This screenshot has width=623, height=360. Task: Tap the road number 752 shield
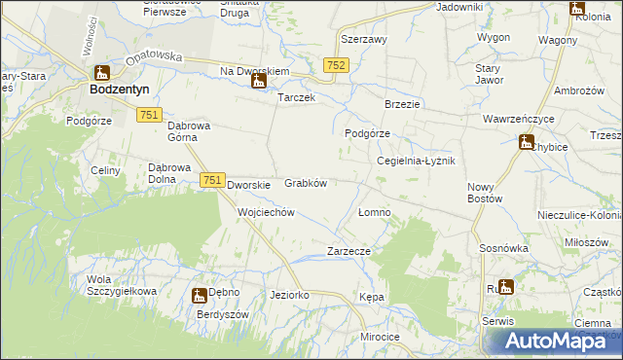[x=336, y=63]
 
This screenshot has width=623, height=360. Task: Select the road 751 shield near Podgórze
[x=149, y=115]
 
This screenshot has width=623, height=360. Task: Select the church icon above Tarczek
[x=259, y=81]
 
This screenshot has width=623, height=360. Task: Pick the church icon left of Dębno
[x=199, y=295]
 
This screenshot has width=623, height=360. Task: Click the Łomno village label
[x=374, y=212]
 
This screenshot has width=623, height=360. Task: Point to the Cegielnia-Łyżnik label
[x=416, y=161]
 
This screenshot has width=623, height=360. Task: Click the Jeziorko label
[x=289, y=294]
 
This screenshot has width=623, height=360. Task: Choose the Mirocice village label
[x=380, y=337]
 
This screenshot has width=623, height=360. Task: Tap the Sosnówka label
[x=503, y=248]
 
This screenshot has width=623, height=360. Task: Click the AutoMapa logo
[x=551, y=341]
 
